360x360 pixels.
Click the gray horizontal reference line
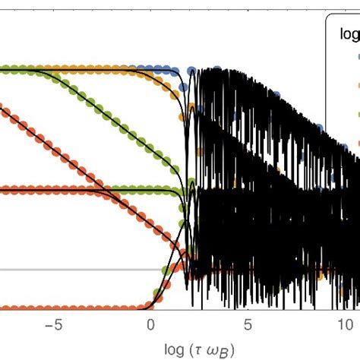(x=76, y=270)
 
